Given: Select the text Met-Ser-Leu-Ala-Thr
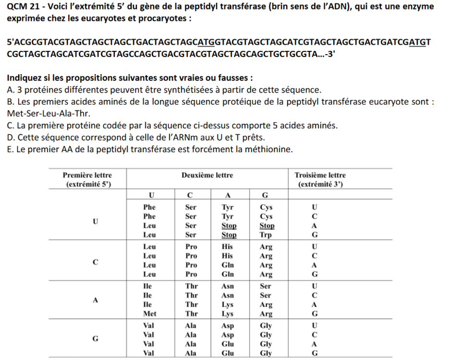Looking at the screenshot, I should tap(49, 114).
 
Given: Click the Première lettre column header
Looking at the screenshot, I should tap(87, 175).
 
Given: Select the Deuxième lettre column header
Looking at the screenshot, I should tap(207, 175).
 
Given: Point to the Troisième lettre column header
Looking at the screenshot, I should tap(320, 175).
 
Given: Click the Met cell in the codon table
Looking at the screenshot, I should tap(150, 314).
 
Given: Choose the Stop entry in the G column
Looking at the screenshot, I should tap(267, 226).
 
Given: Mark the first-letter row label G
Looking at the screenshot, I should tap(95, 338).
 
